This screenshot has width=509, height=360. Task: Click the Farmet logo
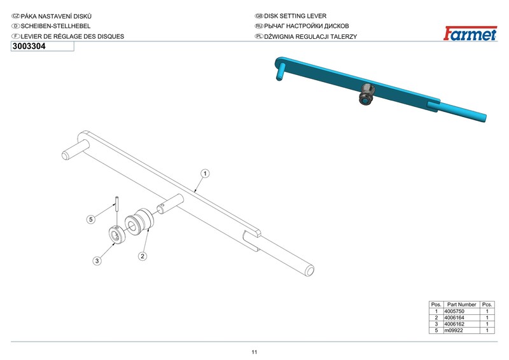[470, 33]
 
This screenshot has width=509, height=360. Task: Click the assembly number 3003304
[29, 46]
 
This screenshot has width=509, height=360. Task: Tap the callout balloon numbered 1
[205, 174]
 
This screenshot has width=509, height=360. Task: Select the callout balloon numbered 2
[142, 256]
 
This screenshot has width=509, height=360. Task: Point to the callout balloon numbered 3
[97, 261]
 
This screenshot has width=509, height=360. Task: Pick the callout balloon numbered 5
[91, 219]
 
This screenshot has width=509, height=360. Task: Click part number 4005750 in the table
[454, 311]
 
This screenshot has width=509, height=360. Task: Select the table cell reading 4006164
[454, 317]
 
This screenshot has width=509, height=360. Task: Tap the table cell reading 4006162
[454, 324]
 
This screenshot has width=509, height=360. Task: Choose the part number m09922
[454, 331]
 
